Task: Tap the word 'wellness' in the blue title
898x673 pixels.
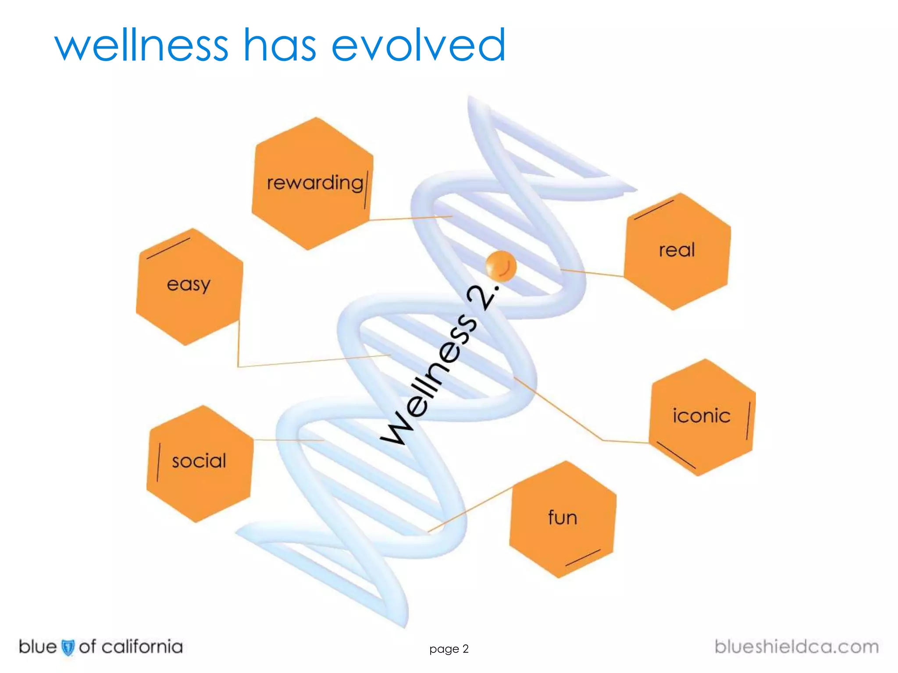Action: tap(141, 45)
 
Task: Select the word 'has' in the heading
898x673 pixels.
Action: tap(280, 45)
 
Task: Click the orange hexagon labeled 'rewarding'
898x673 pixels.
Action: tap(312, 184)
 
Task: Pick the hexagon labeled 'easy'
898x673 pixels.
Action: tap(189, 287)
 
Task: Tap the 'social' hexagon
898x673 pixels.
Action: tap(200, 464)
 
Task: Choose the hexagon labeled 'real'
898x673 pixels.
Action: tap(677, 251)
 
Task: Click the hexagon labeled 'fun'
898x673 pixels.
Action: tap(563, 519)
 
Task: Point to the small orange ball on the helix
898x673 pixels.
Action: tap(501, 266)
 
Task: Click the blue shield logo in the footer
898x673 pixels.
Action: tap(68, 648)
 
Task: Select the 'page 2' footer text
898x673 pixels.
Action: tap(449, 649)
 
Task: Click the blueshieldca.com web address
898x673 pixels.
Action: tap(796, 647)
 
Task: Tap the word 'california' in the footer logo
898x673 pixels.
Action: tap(142, 647)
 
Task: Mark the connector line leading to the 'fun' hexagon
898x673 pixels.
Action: tap(469, 510)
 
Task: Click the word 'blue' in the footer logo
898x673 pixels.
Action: tap(38, 647)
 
